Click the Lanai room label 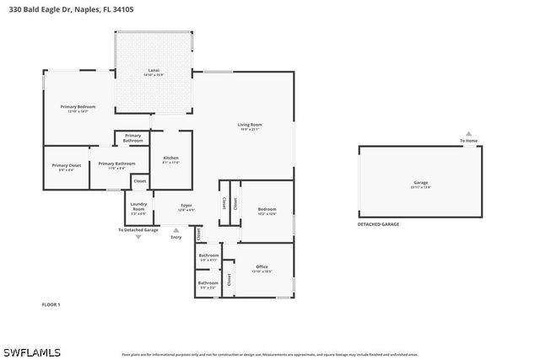(154, 72)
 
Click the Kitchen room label (170, 159)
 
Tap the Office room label (262, 268)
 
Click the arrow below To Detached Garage (138, 237)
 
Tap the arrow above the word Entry (175, 228)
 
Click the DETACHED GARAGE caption (379, 224)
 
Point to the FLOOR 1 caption (51, 304)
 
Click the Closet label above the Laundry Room (140, 181)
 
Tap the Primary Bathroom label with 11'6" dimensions (117, 165)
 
